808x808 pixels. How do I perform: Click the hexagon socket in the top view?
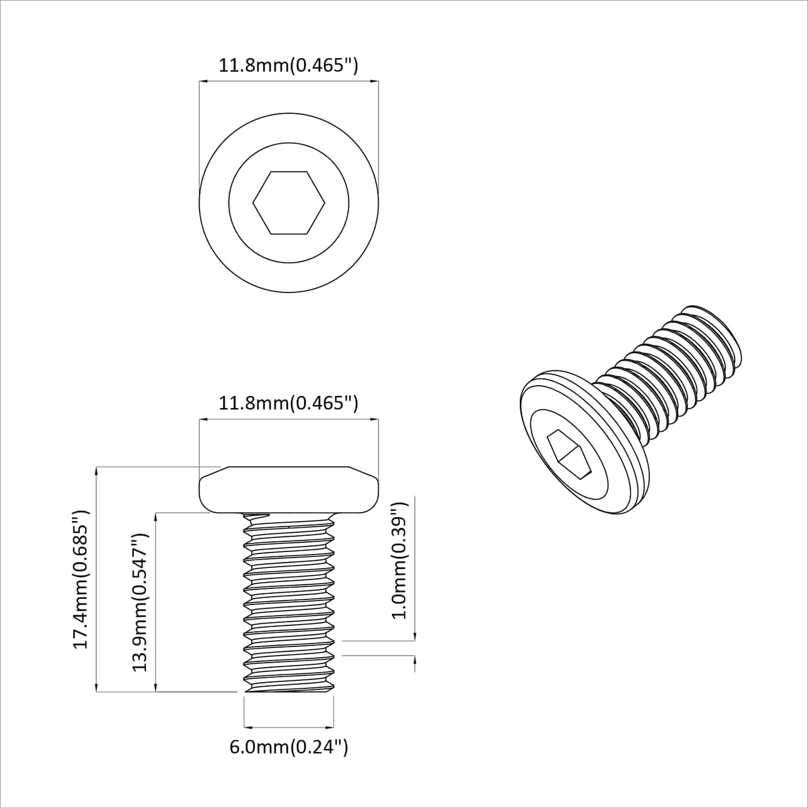click(289, 202)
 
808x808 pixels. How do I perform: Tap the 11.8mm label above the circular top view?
click(288, 65)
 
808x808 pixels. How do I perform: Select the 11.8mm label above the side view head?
click(288, 403)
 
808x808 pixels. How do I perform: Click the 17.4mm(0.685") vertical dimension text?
click(82, 579)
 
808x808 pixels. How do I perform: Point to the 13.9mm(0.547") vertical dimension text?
click(139, 602)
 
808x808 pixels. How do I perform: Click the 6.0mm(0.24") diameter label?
click(289, 746)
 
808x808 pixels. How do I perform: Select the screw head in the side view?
click(289, 490)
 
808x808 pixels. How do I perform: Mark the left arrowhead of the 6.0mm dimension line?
click(248, 727)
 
